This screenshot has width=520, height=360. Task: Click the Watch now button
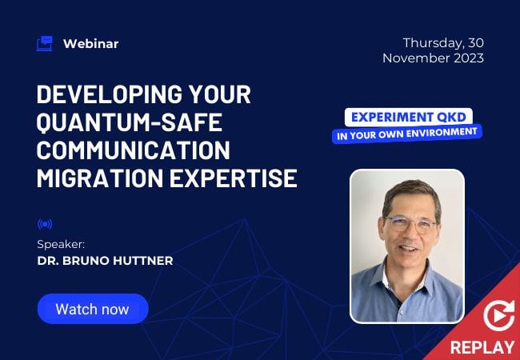(93, 309)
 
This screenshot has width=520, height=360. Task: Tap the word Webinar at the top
(91, 44)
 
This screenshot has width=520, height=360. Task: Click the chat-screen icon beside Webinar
(45, 43)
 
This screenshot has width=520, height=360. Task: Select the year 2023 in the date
(469, 58)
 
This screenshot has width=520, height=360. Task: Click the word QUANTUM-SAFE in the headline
(129, 122)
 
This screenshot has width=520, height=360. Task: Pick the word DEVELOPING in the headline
(110, 94)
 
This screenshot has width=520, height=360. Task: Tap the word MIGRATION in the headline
(100, 178)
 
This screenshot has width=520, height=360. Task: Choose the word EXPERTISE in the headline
(234, 178)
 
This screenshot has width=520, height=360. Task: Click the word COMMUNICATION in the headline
(134, 150)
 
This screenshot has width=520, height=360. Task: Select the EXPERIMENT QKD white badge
(409, 117)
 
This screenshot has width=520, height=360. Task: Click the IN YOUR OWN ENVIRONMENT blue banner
(407, 134)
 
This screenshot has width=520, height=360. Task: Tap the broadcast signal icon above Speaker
(45, 225)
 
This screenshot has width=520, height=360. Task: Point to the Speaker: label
(61, 244)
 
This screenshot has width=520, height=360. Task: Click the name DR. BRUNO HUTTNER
(105, 261)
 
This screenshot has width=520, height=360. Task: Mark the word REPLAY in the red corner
(482, 348)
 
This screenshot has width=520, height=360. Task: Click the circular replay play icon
(498, 316)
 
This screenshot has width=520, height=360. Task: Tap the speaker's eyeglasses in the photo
(410, 223)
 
